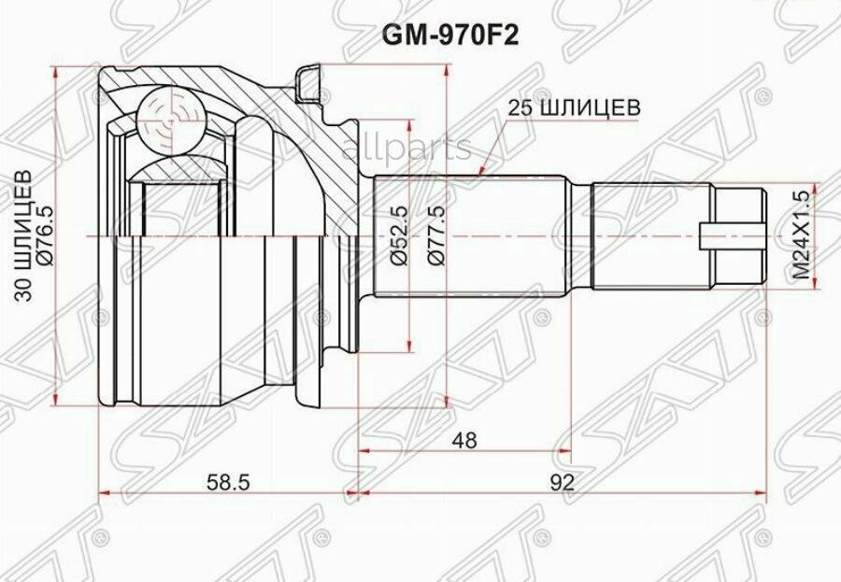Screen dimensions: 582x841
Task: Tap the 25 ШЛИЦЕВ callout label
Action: click(573, 107)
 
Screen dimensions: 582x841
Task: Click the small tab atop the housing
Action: click(310, 82)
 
